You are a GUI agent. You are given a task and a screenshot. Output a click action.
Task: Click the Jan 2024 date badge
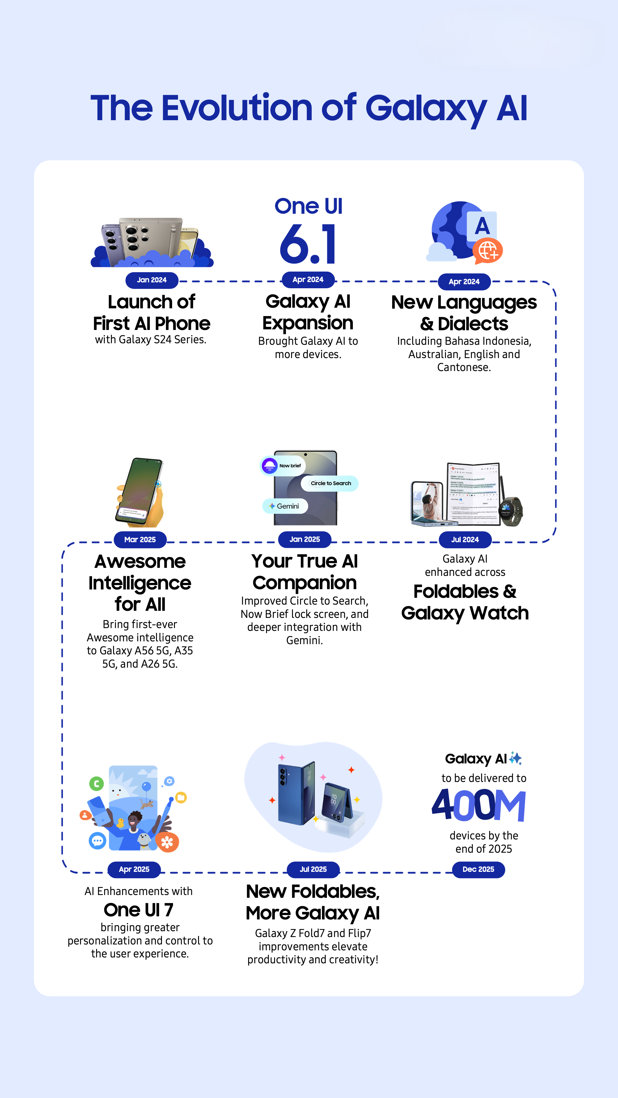152,280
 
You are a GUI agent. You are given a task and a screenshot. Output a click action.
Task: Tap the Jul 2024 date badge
465,540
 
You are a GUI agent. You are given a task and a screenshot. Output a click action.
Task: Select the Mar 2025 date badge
140,540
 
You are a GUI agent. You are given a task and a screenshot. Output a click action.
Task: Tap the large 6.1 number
308,244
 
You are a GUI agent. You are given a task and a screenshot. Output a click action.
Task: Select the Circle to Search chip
330,484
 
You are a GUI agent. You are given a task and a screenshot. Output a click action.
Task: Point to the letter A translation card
482,226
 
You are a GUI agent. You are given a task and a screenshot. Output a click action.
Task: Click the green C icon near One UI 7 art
96,783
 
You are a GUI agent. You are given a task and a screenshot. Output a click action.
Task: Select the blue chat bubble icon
98,841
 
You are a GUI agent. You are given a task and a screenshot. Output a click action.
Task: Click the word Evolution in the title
237,108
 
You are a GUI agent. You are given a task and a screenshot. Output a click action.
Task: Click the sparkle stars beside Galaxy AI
515,758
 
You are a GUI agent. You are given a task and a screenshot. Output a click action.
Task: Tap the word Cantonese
464,367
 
